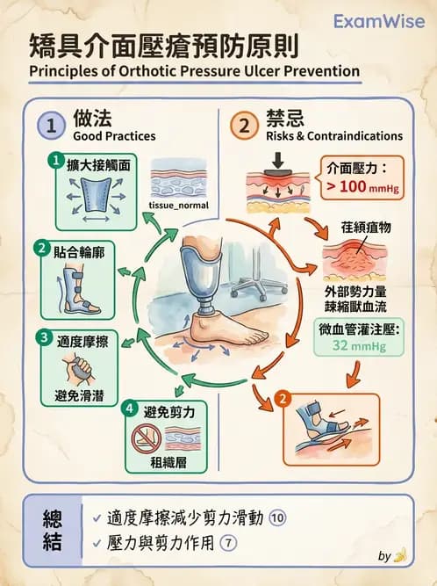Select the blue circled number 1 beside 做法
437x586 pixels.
click(51, 126)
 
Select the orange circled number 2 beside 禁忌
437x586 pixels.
click(244, 126)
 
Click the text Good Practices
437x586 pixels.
click(113, 137)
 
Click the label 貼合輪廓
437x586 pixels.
click(81, 250)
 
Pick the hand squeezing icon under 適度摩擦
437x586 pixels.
click(72, 367)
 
